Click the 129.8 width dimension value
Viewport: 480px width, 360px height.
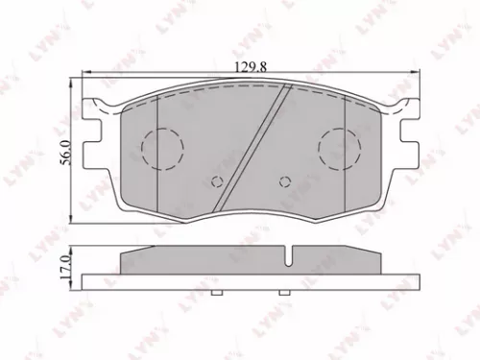pos(248,65)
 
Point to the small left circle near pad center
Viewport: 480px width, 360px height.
pos(216,181)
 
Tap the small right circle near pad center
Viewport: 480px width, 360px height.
pos(283,180)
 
